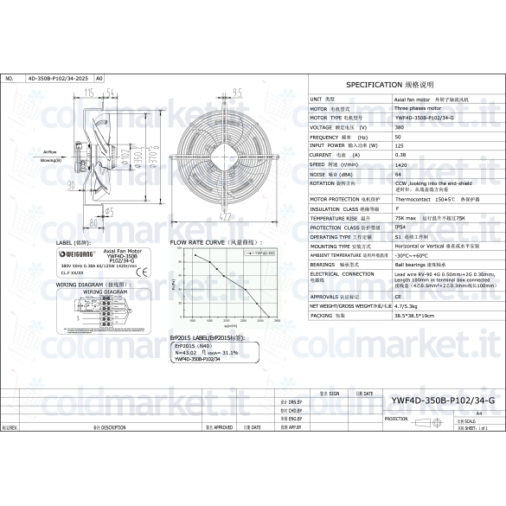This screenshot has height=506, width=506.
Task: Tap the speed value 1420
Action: pos(400,164)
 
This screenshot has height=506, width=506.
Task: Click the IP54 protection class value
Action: pos(400,227)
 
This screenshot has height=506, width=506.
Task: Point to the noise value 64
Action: pos(398,174)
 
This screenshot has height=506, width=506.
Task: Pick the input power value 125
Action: pos(399,145)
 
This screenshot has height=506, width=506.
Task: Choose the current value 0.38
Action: pos(400,155)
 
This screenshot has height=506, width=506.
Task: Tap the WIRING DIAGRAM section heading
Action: pos(84,284)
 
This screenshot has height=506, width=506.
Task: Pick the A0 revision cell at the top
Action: pos(99,79)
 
